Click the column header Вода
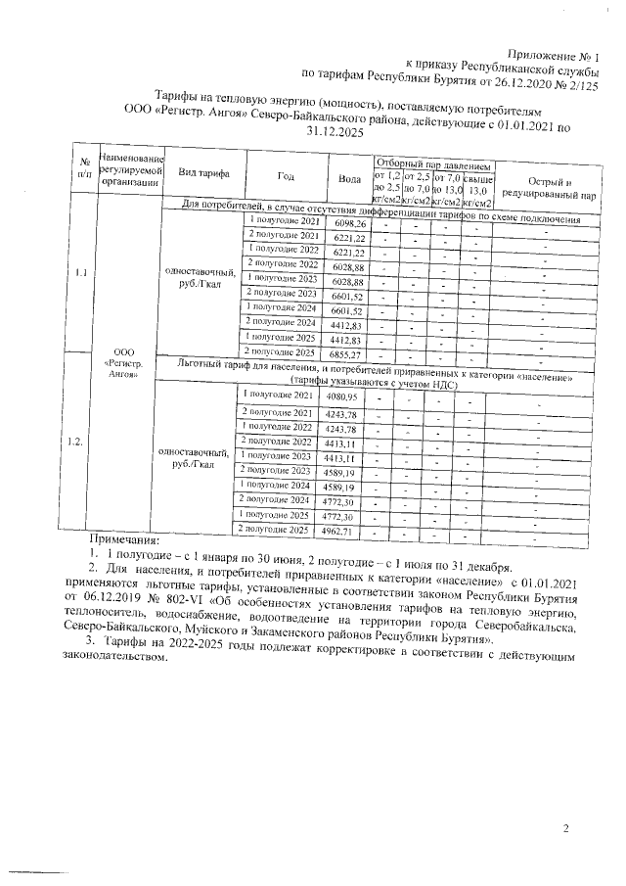(348, 177)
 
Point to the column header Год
(286, 176)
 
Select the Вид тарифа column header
(203, 172)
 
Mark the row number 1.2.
(76, 442)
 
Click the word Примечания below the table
(124, 539)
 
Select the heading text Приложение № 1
(552, 53)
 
